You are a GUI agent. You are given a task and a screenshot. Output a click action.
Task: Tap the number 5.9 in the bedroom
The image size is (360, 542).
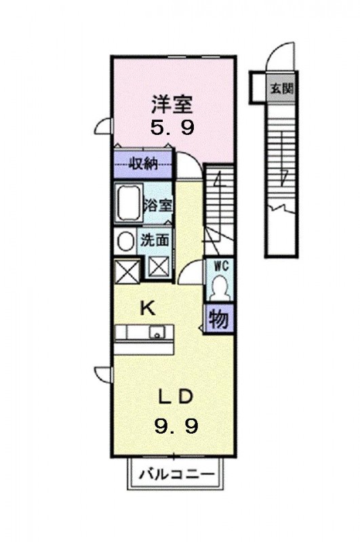coord(172,127)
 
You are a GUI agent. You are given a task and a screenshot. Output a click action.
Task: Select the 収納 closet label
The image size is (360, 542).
coord(144,163)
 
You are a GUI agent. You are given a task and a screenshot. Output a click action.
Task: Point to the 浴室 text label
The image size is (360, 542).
coord(158,205)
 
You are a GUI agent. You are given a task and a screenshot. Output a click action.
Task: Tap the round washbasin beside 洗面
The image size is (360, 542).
coord(125,241)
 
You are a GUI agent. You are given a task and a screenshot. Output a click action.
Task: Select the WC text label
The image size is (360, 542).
coord(220,266)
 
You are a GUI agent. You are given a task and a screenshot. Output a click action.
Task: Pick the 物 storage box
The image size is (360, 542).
coord(220,318)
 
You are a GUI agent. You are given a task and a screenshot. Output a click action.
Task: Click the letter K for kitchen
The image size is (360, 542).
coord(148,308)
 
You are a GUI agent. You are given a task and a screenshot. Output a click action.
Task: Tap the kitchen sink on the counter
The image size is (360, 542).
coord(157,333)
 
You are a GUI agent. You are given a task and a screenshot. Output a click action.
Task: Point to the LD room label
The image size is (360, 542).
coord(176,398)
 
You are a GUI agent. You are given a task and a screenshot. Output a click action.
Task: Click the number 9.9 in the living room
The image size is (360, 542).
coord(176,425)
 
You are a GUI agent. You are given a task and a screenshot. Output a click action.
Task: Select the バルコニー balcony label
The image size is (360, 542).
coord(177,473)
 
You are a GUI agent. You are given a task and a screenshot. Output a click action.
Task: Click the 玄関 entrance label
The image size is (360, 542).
coord(282,89)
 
